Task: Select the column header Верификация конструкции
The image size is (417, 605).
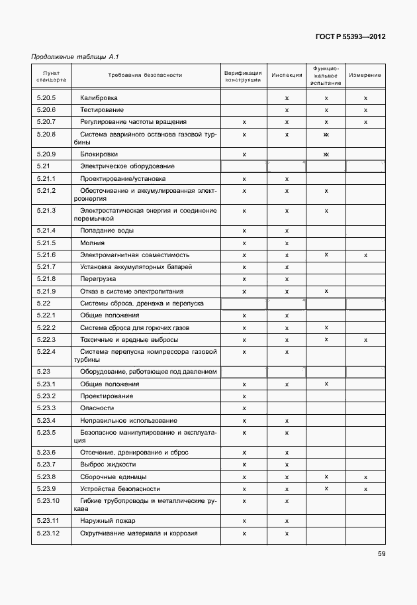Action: pos(243,76)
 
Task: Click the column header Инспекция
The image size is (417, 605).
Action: pos(287,76)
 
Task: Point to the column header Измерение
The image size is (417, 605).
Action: pos(365,76)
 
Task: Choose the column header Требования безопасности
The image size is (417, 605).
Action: pos(144,76)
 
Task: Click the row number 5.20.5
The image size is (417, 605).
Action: pos(46,97)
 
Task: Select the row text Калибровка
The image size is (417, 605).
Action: pos(99,97)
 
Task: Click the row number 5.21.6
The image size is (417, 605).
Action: pos(46,254)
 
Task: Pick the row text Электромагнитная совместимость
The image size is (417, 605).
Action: pos(134,254)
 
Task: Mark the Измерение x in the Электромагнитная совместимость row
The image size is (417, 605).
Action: pos(365,254)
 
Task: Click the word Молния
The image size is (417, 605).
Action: pos(93,243)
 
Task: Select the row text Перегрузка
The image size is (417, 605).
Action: pos(98,279)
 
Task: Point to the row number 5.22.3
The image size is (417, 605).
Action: pos(46,340)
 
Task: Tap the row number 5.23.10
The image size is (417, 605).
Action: pos(48,500)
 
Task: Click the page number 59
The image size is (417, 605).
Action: pos(381,554)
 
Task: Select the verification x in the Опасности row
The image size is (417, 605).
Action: pos(244,408)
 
